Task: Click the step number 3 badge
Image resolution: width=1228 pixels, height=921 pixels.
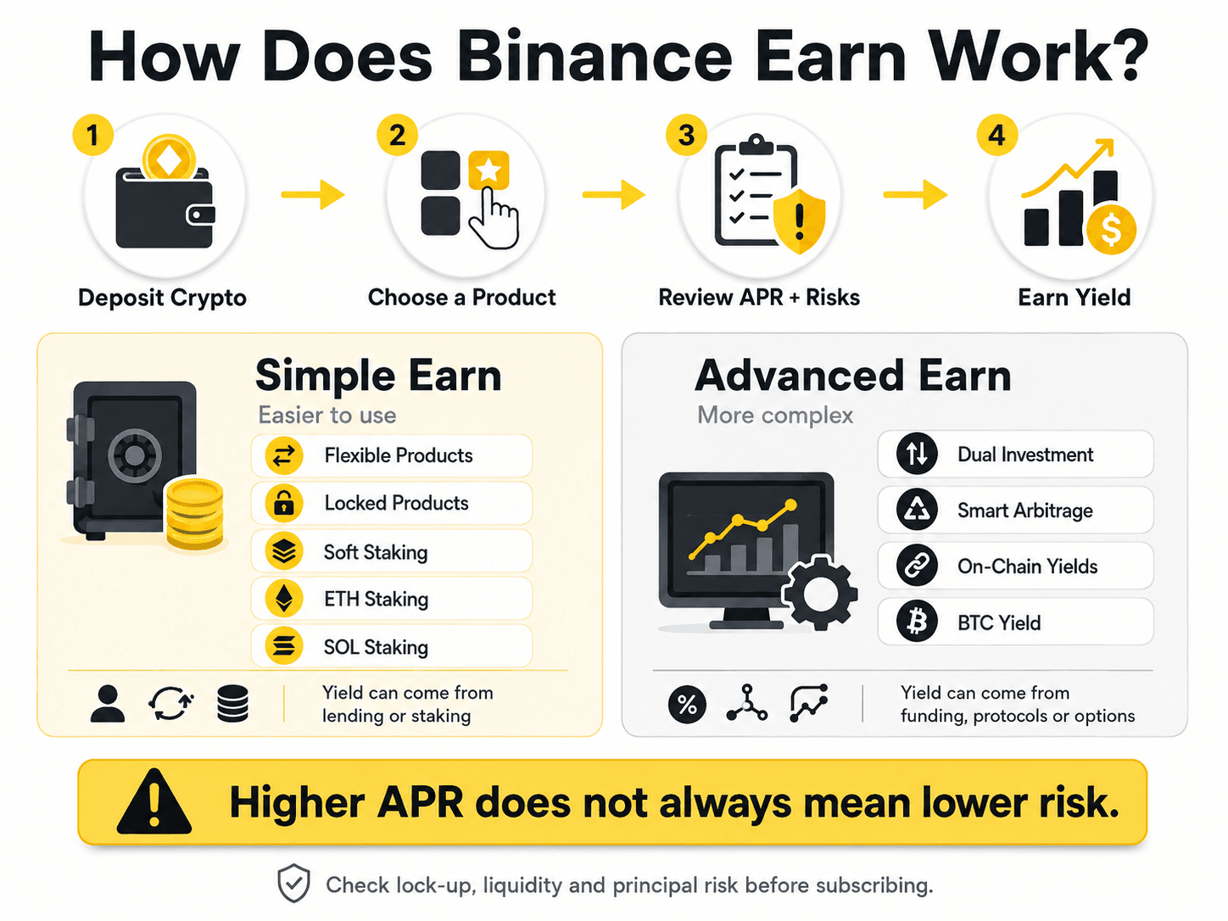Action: pos(686,136)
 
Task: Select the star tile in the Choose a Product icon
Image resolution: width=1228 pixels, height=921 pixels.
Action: pos(488,170)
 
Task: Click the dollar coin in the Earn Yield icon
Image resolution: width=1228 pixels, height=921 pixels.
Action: pos(1111,230)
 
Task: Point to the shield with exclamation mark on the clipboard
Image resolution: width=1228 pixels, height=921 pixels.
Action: pos(800,220)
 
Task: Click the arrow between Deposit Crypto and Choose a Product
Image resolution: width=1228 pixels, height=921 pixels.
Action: pos(313,194)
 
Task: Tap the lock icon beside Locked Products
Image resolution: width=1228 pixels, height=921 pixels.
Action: pos(284,503)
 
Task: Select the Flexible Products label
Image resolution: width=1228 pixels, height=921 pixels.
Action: pos(399,455)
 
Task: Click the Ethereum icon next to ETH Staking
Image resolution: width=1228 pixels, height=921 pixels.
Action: pos(284,599)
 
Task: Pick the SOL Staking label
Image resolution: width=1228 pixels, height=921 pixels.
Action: pos(376,647)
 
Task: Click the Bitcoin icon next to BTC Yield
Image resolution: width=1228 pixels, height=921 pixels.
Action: pos(917,622)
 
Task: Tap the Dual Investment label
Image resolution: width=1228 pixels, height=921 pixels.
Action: pos(1025,455)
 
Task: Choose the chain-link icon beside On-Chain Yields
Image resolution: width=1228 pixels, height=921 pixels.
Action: pos(917,566)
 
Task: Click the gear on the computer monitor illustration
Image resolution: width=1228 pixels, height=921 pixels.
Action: pos(819,593)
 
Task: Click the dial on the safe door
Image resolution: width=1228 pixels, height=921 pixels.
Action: pos(134,455)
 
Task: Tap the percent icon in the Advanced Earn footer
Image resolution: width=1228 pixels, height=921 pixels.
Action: pos(687,704)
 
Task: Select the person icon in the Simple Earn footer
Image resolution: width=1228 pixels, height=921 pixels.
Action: pos(108,704)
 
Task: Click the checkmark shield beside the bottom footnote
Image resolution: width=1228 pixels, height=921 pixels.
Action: pos(293,884)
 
